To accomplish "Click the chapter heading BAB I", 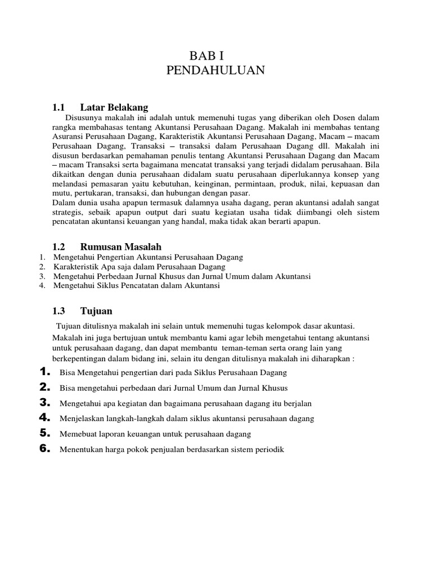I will (x=211, y=55).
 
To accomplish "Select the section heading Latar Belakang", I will (x=114, y=107).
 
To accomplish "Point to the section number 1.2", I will (x=59, y=247).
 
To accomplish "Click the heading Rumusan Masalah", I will (x=121, y=247).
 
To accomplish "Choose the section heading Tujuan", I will (x=96, y=311).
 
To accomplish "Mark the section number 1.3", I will (x=59, y=311).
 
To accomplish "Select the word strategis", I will (x=67, y=212).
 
